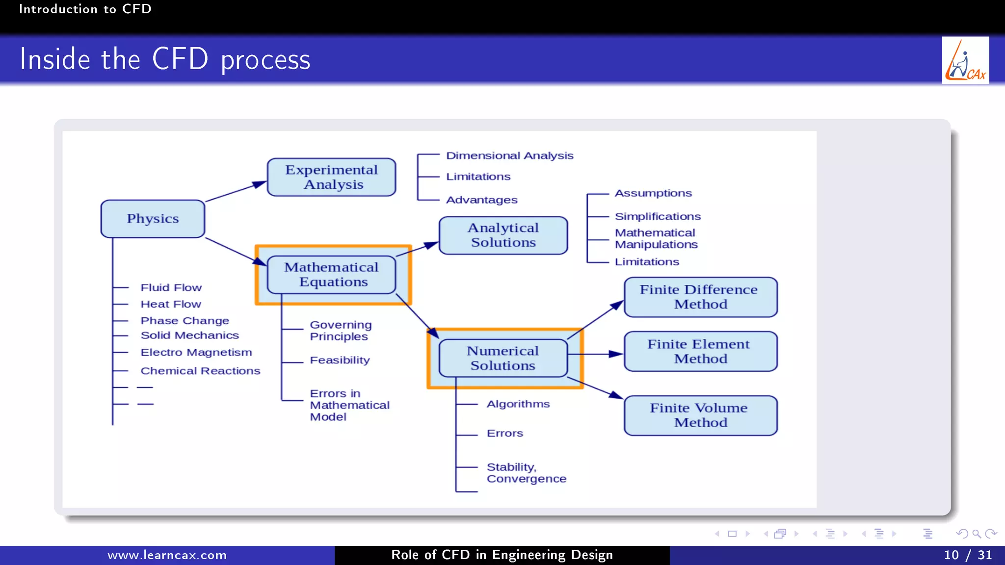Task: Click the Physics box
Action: (153, 219)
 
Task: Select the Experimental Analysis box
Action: (331, 177)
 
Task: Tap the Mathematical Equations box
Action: (331, 275)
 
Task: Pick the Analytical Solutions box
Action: (503, 235)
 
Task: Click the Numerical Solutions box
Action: (503, 359)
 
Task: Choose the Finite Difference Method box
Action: (700, 297)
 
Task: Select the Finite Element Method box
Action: (700, 352)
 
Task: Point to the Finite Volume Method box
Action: (700, 415)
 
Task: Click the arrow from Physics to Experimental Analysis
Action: (236, 192)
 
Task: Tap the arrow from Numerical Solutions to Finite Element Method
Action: (595, 354)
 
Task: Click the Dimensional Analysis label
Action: (509, 155)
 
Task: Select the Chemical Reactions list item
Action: (200, 371)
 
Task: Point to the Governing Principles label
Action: (341, 331)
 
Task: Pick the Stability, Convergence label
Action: (526, 473)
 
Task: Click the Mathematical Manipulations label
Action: (656, 238)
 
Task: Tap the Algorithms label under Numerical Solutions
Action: (518, 404)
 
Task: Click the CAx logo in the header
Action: (965, 60)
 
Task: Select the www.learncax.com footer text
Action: (167, 555)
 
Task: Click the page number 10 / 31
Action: (967, 555)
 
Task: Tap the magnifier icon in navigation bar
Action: (977, 534)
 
